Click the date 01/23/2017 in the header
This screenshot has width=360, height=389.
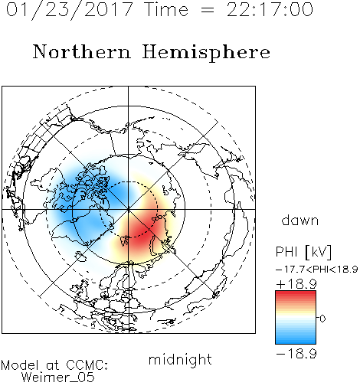coord(70,10)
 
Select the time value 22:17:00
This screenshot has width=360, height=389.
coord(270,10)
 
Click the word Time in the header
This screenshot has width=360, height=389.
coord(166,10)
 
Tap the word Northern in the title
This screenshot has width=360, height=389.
coord(82,51)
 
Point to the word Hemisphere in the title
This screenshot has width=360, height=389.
coord(206,53)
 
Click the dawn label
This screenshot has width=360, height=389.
coord(300,220)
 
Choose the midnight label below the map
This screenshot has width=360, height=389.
coord(180,360)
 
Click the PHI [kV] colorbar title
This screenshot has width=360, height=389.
coord(303,252)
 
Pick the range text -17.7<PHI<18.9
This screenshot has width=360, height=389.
coord(316,270)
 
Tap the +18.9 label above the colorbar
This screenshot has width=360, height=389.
coord(296,284)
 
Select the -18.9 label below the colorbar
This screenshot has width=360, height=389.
coord(296,354)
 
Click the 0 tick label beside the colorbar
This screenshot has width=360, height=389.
coord(322,319)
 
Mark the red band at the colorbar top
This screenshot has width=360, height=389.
coord(296,295)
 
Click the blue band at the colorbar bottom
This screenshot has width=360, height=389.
coord(296,340)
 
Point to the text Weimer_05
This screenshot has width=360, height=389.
coord(58,378)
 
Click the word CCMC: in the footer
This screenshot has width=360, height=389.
coord(87,365)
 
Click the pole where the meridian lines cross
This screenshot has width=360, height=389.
coord(129,209)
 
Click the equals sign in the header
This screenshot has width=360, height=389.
coord(208,10)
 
